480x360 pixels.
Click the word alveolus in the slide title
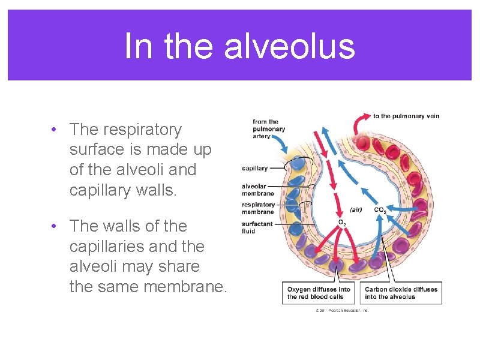click(x=290, y=46)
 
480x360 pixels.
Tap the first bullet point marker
click(x=54, y=130)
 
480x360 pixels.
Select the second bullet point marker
click(x=54, y=226)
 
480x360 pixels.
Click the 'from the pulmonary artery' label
click(x=268, y=129)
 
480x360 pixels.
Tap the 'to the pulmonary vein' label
click(x=407, y=116)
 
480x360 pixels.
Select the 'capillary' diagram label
click(x=255, y=169)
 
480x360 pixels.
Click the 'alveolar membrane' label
click(x=258, y=190)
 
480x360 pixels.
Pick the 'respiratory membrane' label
click(x=259, y=208)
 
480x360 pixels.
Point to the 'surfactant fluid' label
click(x=257, y=227)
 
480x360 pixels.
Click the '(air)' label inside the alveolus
click(x=356, y=210)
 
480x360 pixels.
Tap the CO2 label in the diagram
click(x=380, y=211)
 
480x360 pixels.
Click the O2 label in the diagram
click(x=342, y=224)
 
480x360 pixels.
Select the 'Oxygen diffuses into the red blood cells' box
click(x=319, y=293)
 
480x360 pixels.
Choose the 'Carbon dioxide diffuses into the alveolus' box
click(x=401, y=293)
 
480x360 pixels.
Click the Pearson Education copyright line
click(x=342, y=311)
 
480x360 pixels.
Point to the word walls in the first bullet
click(x=180, y=190)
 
